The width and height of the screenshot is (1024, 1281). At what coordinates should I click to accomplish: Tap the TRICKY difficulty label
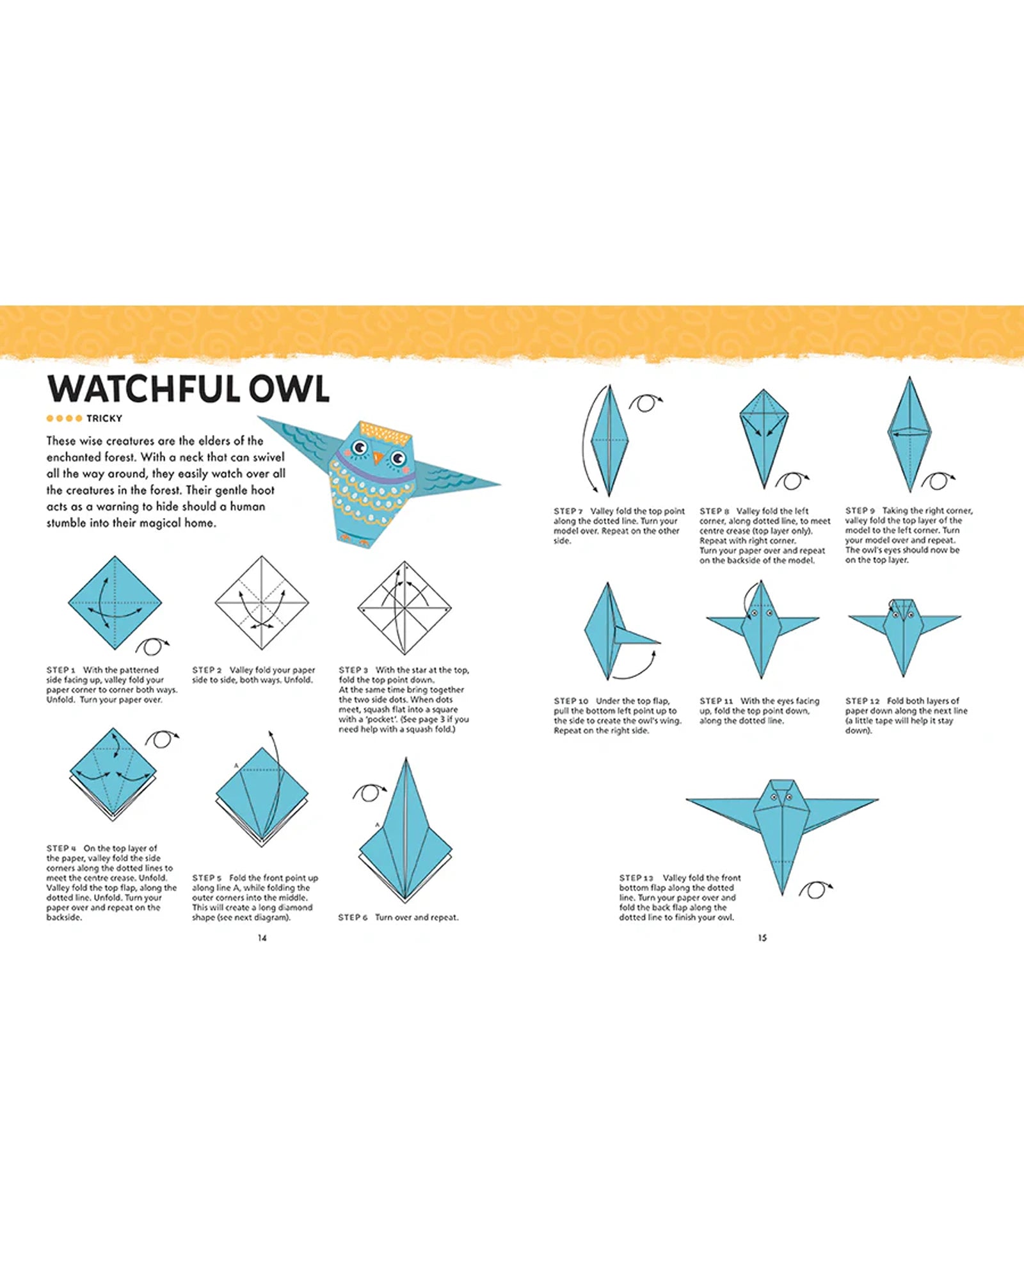104,418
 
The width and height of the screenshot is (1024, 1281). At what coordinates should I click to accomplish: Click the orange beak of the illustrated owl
379,458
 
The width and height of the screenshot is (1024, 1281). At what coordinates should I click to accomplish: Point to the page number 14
262,938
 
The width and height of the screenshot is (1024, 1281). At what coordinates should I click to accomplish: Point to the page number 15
762,938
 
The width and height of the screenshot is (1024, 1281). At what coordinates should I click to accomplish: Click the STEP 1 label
61,670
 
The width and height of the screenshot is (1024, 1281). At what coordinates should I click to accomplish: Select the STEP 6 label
353,917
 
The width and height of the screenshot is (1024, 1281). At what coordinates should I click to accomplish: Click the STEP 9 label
860,510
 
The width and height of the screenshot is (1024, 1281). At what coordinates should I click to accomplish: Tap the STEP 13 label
636,877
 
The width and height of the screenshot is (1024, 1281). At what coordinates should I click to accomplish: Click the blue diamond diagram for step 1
115,603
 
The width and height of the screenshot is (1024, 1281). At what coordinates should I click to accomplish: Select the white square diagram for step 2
262,603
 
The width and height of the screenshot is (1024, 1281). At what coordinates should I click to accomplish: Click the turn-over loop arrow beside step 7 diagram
645,404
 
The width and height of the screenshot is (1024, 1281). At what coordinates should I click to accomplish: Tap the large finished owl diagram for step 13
782,826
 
